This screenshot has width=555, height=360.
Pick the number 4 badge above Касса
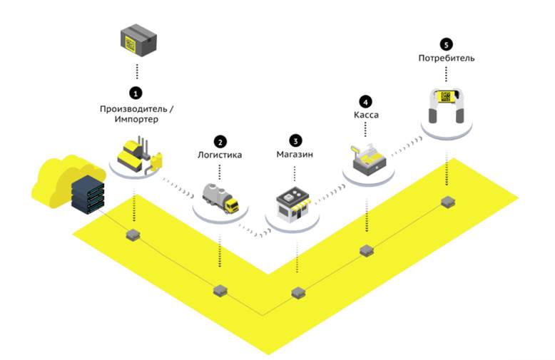(x=366, y=101)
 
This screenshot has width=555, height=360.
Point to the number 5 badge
(x=447, y=43)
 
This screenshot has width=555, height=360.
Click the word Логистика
(x=220, y=154)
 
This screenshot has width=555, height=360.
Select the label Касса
(x=366, y=115)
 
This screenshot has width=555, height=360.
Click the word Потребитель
(x=447, y=57)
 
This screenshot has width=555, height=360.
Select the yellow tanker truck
(x=220, y=198)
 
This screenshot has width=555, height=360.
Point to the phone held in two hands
(x=447, y=104)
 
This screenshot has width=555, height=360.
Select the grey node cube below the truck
(x=220, y=290)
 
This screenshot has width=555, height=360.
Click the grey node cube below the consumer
(x=447, y=202)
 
